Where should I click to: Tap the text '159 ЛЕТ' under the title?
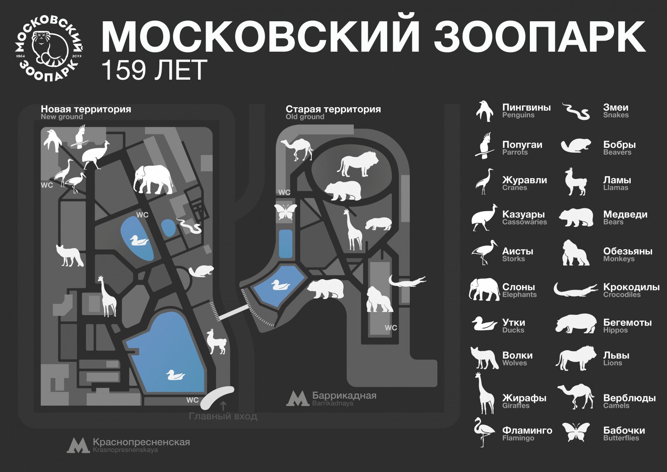click(154, 70)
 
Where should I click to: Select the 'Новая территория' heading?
click(86, 109)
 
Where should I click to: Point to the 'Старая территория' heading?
click(333, 109)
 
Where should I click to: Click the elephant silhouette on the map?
click(153, 180)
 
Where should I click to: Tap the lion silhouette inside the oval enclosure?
click(358, 164)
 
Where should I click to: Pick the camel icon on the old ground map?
click(297, 149)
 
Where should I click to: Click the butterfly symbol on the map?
click(286, 212)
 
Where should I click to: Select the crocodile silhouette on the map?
click(407, 281)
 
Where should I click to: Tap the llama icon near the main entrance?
click(216, 342)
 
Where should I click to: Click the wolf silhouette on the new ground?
click(70, 255)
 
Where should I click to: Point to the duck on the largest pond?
click(176, 375)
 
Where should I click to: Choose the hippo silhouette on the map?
click(378, 224)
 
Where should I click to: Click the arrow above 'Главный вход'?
click(223, 406)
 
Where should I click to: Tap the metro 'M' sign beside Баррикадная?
click(298, 399)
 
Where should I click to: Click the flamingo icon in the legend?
click(484, 432)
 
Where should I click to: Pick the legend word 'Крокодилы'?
click(631, 287)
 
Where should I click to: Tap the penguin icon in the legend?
click(484, 111)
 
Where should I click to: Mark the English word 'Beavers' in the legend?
click(617, 152)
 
